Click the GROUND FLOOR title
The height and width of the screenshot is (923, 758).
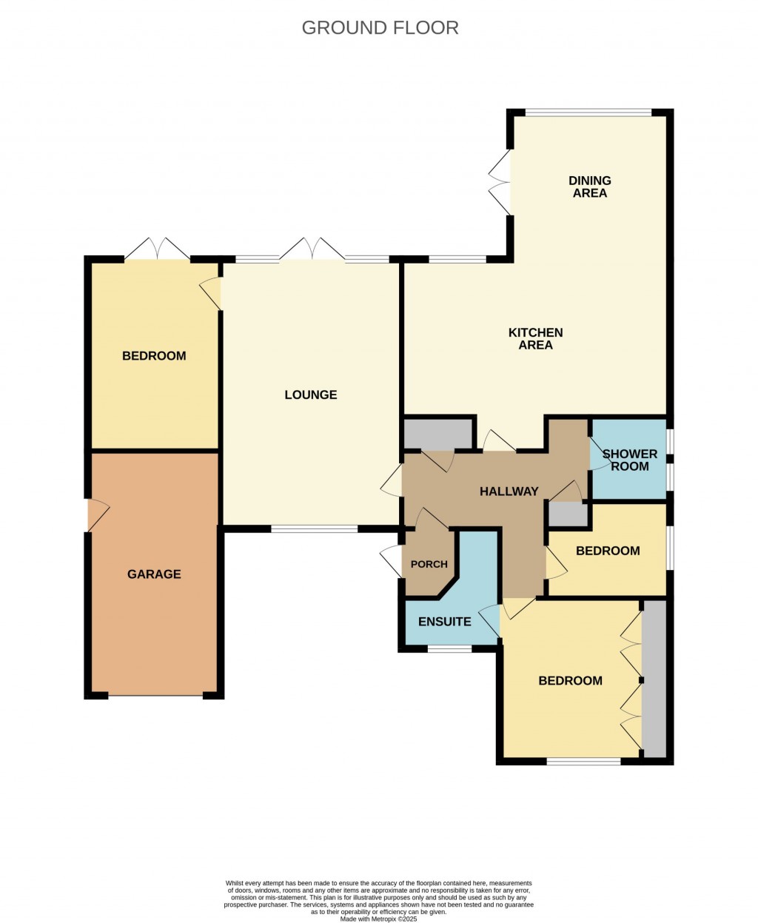pos(380,28)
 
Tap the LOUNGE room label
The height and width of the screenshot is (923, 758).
pos(311,395)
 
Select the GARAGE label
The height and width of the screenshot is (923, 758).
pos(154,574)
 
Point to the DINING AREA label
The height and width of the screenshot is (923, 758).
pos(590,187)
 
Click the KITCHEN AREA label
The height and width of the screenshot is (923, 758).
pos(535,339)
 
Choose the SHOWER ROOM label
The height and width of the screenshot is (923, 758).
pos(629,460)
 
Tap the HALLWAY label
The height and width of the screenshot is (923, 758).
pos(509,491)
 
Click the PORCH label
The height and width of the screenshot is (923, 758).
pos(429,564)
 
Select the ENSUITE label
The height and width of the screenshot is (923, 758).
pos(445,622)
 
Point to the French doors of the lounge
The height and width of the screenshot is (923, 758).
pos(312,250)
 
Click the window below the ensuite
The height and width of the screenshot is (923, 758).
pos(449,649)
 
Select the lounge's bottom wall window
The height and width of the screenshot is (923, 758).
pos(314,529)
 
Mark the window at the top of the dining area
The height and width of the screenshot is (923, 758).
pos(588,113)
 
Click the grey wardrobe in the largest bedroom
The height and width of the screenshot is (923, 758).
pos(654,679)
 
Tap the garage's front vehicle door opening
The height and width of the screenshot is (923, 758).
pos(155,695)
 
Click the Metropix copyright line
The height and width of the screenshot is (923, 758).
pos(379,919)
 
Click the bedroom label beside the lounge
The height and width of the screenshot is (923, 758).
pos(154,356)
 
